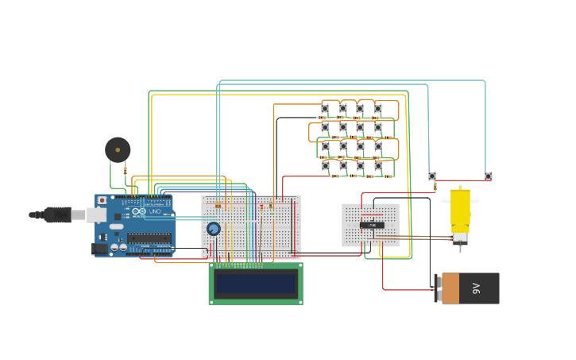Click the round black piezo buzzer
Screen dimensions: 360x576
click(118, 149)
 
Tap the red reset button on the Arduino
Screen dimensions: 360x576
click(102, 200)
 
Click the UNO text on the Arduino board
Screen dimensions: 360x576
click(154, 211)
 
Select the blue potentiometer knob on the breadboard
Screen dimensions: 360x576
click(213, 229)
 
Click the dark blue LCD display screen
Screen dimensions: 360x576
click(255, 284)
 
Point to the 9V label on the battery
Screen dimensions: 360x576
click(477, 288)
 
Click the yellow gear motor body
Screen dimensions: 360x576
click(460, 208)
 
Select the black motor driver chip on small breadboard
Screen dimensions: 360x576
click(371, 225)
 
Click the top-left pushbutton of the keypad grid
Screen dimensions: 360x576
click(325, 109)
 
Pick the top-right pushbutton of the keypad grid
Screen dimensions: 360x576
click(378, 109)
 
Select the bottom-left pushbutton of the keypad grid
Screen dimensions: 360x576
click(325, 165)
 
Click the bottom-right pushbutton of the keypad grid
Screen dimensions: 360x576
click(378, 165)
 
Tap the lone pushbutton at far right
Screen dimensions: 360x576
click(488, 176)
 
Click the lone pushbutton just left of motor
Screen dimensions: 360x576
click(432, 176)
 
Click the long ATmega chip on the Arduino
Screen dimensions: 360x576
click(149, 238)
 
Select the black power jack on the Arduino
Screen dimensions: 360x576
click(100, 249)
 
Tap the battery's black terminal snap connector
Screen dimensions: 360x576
click(437, 288)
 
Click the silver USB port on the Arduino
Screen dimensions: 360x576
click(96, 215)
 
